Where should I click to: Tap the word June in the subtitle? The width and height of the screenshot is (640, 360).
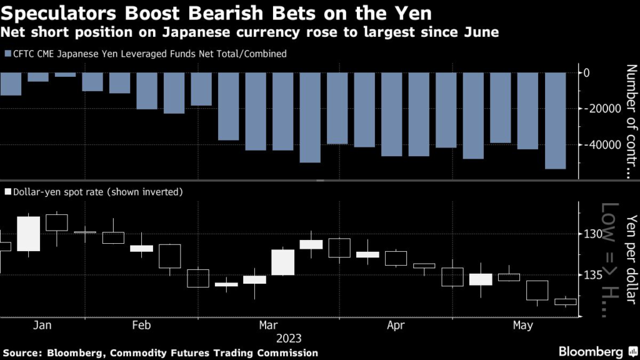coord(481,32)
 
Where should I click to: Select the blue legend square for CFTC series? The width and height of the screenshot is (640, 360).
coord(7,54)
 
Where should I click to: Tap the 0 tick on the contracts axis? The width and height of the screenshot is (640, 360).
coord(586,73)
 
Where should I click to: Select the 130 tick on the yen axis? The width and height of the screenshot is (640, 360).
coord(591,234)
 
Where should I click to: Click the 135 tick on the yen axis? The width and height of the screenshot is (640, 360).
coord(591,275)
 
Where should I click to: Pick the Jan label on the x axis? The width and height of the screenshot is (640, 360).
coord(42,326)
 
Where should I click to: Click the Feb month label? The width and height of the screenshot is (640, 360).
coord(141,326)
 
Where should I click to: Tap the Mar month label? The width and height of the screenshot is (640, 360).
coord(268,326)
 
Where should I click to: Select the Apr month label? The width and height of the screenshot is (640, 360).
coord(396,326)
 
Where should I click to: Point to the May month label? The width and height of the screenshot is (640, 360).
coord(522,326)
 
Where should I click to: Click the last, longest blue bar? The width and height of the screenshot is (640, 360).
coord(555,121)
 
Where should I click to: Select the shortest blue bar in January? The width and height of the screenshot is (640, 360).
coord(65,75)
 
